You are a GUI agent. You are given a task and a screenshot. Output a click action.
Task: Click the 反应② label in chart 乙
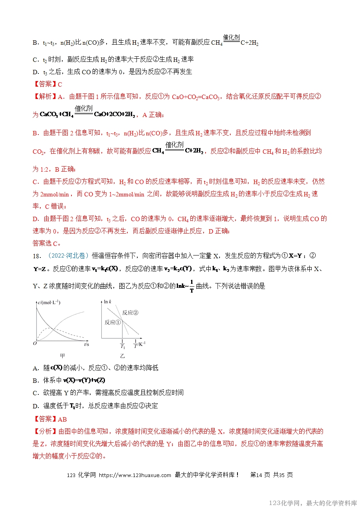(130, 312)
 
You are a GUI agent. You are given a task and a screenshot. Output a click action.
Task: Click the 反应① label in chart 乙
(113, 322)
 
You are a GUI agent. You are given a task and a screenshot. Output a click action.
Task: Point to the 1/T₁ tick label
(123, 344)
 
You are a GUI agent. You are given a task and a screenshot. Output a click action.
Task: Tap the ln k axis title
(108, 302)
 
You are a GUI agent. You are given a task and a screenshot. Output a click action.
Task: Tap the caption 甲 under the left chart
(62, 355)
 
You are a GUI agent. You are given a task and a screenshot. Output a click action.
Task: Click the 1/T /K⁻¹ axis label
(139, 344)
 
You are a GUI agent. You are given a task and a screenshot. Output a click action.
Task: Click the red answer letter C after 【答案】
(60, 84)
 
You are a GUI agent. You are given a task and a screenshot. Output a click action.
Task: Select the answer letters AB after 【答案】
(62, 419)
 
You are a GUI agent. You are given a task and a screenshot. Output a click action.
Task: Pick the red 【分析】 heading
(45, 432)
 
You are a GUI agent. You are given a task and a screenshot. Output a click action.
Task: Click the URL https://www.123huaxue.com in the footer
(135, 475)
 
